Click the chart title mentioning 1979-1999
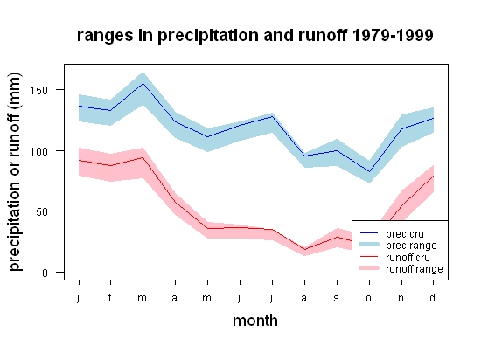(x=254, y=36)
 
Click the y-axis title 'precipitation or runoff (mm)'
(x=15, y=172)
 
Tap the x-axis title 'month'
(x=255, y=321)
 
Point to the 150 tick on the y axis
(x=39, y=90)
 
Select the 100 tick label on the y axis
(x=39, y=151)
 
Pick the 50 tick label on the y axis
(x=42, y=211)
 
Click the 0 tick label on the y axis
(x=45, y=273)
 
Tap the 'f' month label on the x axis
(x=110, y=297)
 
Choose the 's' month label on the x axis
(x=337, y=298)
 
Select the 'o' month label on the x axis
(x=369, y=298)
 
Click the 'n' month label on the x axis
(x=401, y=298)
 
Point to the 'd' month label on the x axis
(x=433, y=297)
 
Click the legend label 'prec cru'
(x=405, y=234)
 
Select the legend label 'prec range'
(x=411, y=246)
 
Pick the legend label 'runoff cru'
(x=408, y=258)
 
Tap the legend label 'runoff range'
(x=415, y=269)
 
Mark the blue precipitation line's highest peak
(x=143, y=83)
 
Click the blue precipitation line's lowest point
(x=369, y=171)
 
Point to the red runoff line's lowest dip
(x=304, y=249)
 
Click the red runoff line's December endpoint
(x=434, y=176)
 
